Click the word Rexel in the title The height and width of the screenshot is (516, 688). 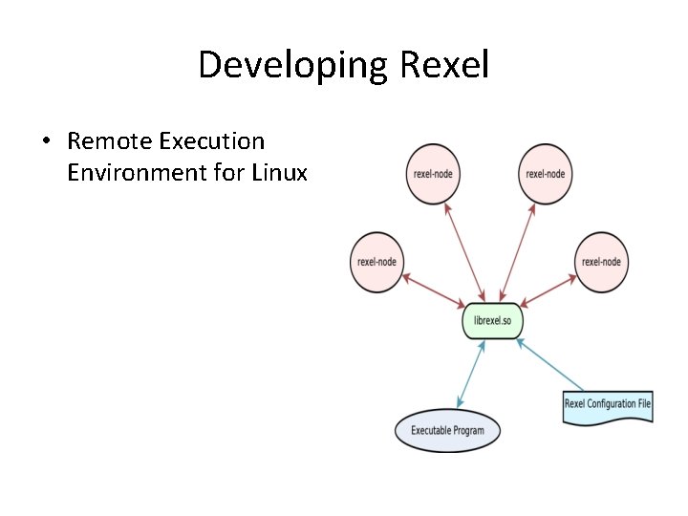[445, 65]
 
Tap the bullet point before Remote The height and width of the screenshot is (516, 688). [46, 142]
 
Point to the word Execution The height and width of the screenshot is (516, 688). [211, 141]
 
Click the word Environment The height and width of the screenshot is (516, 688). [134, 173]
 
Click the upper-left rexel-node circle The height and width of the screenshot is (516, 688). [433, 174]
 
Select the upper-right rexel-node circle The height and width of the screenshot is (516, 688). [546, 174]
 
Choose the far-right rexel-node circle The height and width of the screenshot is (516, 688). [601, 262]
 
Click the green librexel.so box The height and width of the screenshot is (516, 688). [492, 320]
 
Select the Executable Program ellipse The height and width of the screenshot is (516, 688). [447, 431]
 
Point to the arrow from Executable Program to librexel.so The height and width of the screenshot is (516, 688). [470, 375]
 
